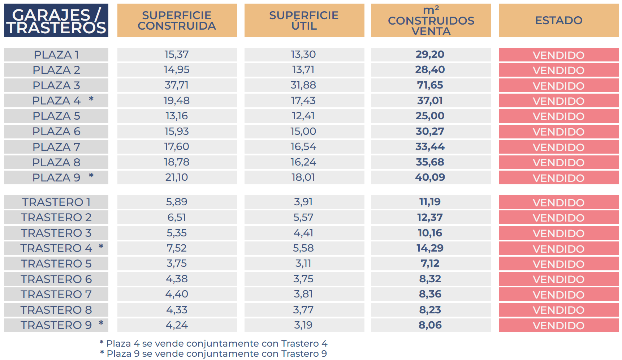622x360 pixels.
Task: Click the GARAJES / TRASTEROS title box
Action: coord(56,21)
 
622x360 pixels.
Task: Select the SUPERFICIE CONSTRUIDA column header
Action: coord(177,21)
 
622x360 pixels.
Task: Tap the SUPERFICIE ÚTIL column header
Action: coord(304,21)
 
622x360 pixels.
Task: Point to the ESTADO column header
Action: coord(558,21)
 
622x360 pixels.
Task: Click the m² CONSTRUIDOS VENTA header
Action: coord(431,21)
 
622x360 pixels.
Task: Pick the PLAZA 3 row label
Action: coord(56,85)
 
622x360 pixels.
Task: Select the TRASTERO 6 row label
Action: coord(56,279)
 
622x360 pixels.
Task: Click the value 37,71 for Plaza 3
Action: coord(177,85)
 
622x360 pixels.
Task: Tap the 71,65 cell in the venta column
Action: coord(430,85)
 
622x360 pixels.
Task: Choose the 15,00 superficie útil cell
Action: coord(303,131)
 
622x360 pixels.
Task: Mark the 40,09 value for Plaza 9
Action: coord(430,177)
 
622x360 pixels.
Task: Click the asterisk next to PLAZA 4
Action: coord(91,99)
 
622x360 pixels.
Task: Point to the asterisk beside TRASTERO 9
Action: coord(101,323)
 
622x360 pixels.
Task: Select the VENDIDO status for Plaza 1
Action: coord(558,55)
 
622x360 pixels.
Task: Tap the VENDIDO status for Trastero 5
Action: coord(558,264)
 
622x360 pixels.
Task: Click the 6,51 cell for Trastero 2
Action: coord(177,218)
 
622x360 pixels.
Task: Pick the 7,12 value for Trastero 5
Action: coord(430,263)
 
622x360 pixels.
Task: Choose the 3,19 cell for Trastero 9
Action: coord(303,325)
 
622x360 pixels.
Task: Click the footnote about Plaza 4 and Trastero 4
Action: coord(213,343)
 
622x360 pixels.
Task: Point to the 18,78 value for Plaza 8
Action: coord(177,162)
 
